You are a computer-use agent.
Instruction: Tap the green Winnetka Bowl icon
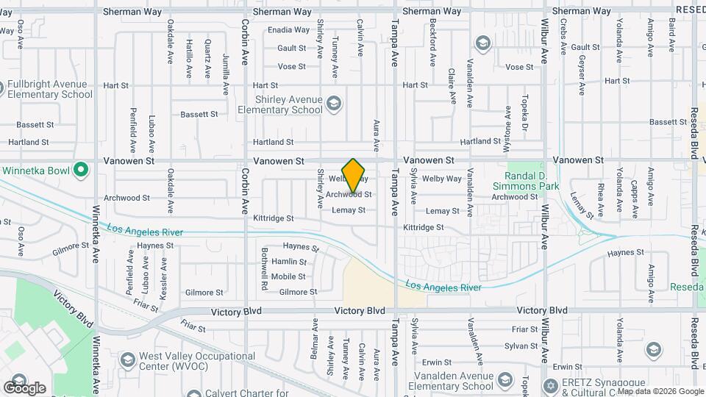tap(82, 171)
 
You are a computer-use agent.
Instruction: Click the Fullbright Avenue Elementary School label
tap(50, 89)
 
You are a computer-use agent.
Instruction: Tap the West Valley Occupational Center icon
tap(127, 360)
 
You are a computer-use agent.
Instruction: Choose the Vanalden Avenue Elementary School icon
tap(505, 380)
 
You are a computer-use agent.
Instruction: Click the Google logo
tap(24, 387)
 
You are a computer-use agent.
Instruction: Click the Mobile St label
tap(288, 276)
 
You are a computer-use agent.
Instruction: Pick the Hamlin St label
tap(289, 262)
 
